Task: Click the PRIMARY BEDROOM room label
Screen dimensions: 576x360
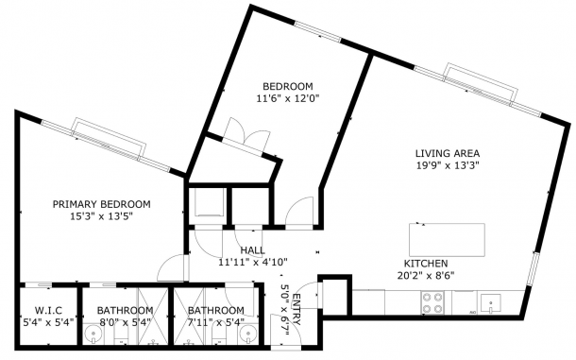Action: [101, 204]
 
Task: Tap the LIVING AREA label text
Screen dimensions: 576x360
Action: [448, 153]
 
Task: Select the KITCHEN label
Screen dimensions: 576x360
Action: [426, 264]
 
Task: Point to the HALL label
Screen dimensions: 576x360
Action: [252, 250]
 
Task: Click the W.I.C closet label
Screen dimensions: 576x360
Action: [48, 310]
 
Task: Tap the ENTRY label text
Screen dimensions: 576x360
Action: [296, 310]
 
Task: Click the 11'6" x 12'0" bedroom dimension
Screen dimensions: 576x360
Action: [288, 98]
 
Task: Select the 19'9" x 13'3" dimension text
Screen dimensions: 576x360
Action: [448, 165]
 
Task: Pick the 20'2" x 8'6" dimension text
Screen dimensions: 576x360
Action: [426, 275]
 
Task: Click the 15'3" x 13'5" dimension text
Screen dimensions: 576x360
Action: [101, 215]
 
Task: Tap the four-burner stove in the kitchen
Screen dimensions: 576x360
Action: [432, 302]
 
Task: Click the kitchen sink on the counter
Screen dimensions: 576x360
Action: [491, 303]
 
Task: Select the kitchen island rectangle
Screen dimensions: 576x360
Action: [447, 240]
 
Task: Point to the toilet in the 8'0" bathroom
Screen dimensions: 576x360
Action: [121, 334]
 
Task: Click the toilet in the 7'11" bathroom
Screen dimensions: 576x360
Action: [218, 334]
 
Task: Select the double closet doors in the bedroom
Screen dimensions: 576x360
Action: [246, 135]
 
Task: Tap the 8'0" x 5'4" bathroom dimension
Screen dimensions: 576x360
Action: [126, 322]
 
